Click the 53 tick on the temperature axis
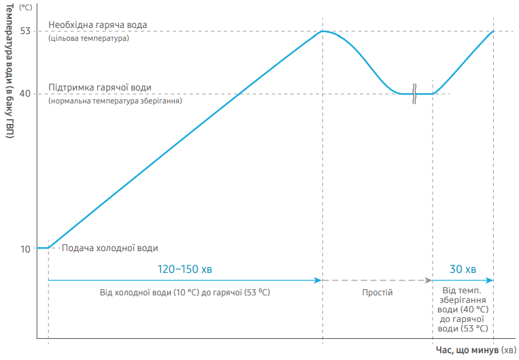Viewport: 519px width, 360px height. [x=25, y=31]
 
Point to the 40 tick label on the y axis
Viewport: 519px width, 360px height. [x=25, y=93]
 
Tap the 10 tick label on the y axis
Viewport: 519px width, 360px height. [x=25, y=248]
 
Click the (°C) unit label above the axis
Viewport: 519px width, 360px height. [x=26, y=7]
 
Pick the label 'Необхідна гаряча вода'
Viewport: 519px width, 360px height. [x=97, y=25]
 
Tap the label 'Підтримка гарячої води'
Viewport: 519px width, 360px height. [x=99, y=88]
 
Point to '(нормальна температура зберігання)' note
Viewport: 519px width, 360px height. [x=115, y=101]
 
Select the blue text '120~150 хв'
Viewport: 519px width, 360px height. [x=184, y=269]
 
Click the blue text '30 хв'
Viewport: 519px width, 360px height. [x=463, y=269]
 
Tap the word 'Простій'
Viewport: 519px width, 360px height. [x=377, y=292]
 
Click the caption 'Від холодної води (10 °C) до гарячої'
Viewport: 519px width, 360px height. [x=184, y=292]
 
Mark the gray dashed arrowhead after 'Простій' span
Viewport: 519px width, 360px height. [x=429, y=280]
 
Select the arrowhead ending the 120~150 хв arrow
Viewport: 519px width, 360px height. [x=318, y=280]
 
